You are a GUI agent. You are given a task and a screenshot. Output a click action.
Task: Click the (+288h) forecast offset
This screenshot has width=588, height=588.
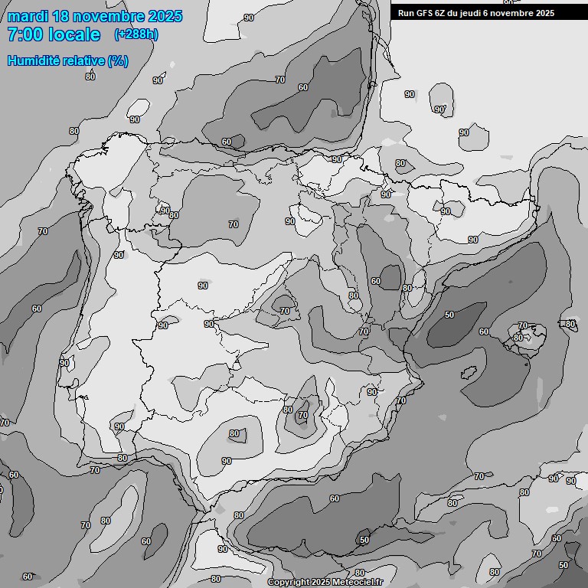coord(136,34)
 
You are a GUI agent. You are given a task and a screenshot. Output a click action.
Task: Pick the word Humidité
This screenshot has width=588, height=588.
coord(34,60)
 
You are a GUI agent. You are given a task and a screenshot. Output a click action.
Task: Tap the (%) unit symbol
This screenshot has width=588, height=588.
coord(118,60)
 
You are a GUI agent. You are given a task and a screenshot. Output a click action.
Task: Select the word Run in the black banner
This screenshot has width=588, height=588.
coord(406,13)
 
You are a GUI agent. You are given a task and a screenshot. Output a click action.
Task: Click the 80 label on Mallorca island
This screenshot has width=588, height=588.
coord(518,338)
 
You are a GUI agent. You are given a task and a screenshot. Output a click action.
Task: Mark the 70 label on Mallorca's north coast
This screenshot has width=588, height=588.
coord(523,326)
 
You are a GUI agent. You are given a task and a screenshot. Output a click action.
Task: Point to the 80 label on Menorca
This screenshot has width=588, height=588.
coord(570,324)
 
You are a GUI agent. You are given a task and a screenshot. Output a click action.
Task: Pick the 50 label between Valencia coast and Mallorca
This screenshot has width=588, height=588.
coord(449,315)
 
